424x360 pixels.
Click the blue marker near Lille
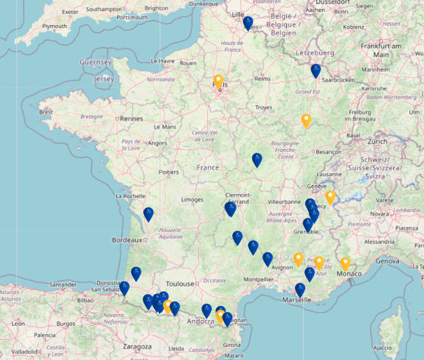pos(248,23)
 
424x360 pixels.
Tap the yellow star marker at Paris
pos(218,81)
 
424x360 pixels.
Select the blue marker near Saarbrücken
pos(316,71)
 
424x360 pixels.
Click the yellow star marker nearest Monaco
pos(345,263)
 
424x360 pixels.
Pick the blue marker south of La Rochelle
pos(148,214)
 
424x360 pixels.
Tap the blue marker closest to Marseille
pos(300,289)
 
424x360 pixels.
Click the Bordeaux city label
pos(127,240)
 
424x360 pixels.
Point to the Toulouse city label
pos(180,284)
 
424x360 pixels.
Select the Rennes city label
pos(131,118)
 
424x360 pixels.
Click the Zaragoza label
pos(136,346)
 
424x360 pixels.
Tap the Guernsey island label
pos(96,62)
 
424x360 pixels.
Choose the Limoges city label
pos(192,200)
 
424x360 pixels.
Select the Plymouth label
pos(55,26)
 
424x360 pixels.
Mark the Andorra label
pos(199,323)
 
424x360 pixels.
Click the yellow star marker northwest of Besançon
pos(306,120)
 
